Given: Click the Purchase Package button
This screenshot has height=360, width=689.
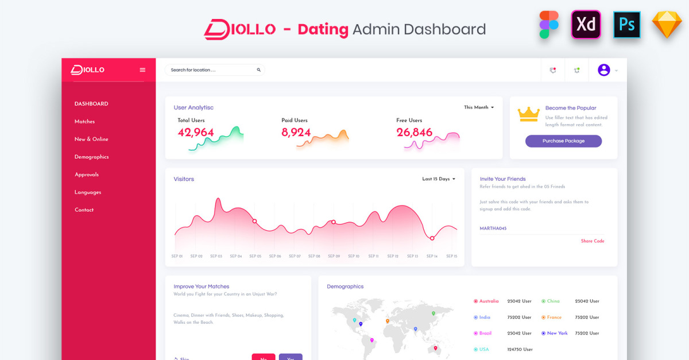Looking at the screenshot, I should pyautogui.click(x=563, y=141).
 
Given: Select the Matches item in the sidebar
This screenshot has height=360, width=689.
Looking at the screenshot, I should pyautogui.click(x=84, y=122).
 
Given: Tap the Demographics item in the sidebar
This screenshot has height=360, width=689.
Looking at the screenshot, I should pyautogui.click(x=91, y=157).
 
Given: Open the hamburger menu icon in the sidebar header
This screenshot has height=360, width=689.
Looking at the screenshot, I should pyautogui.click(x=142, y=70).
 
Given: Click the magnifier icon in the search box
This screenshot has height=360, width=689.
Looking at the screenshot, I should pyautogui.click(x=258, y=70).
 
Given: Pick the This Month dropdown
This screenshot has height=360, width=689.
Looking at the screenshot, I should pyautogui.click(x=479, y=107).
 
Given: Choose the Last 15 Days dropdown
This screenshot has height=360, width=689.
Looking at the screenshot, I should pyautogui.click(x=439, y=179).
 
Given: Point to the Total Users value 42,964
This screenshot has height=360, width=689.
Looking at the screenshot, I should pyautogui.click(x=196, y=133).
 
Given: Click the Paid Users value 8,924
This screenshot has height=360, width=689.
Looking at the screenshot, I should pyautogui.click(x=296, y=133).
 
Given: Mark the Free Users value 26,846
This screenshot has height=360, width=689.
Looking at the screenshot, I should pyautogui.click(x=414, y=133).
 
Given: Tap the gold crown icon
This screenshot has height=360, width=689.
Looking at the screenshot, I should pyautogui.click(x=528, y=114).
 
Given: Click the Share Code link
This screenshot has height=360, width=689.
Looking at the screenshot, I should pyautogui.click(x=593, y=241).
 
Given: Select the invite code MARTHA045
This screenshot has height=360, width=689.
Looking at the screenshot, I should pyautogui.click(x=493, y=229).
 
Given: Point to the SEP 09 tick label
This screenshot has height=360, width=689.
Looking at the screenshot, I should pyautogui.click(x=334, y=256).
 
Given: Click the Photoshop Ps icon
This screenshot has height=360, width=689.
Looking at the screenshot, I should pyautogui.click(x=626, y=25).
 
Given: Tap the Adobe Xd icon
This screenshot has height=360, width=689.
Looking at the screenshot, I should pyautogui.click(x=586, y=25).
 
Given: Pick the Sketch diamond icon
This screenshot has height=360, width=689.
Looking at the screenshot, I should pyautogui.click(x=667, y=25).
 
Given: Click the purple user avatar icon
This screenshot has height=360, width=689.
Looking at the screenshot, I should pyautogui.click(x=603, y=70).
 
